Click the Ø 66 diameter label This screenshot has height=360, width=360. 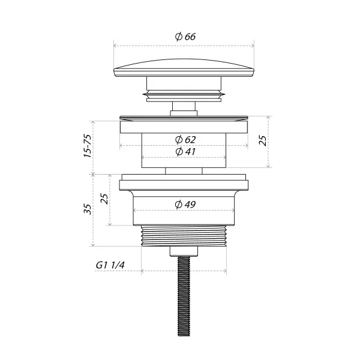pos(185,37)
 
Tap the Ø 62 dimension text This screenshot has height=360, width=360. pos(185,140)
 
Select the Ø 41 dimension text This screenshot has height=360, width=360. pos(185,152)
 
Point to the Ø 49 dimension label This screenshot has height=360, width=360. pos(185,205)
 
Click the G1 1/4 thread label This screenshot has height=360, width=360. pos(110,265)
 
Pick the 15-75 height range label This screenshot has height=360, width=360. pos(88,146)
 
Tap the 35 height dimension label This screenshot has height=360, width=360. pos(88,209)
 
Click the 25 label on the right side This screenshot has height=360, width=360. pos(263,141)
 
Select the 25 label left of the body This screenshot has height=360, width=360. pos(104,199)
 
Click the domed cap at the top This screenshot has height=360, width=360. pos(184,68)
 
